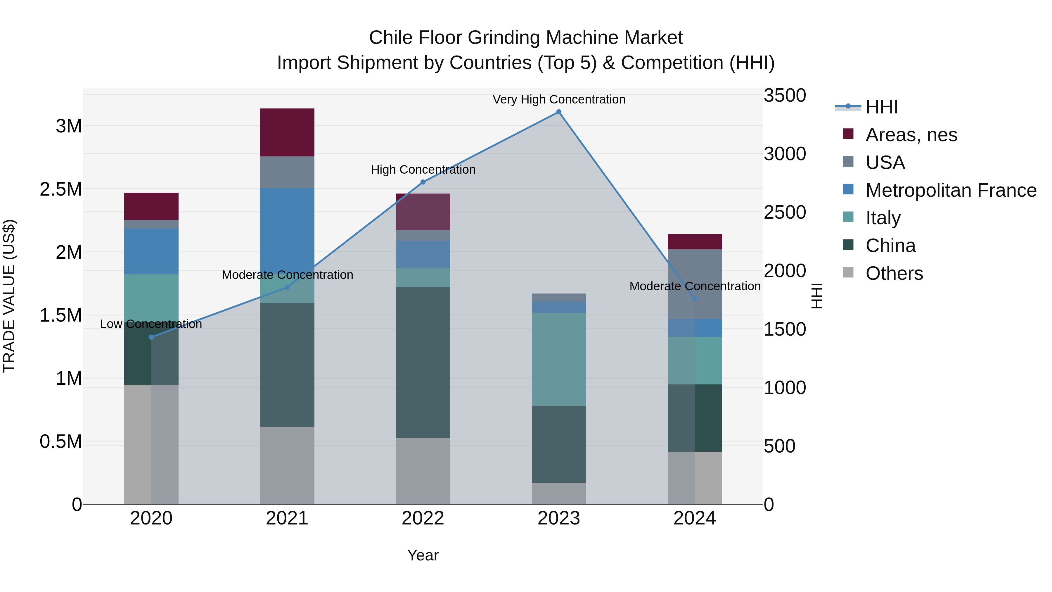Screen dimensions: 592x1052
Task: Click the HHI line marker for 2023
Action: click(559, 112)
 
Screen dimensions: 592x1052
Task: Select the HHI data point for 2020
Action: click(151, 337)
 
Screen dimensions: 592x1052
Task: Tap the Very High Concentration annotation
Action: click(559, 99)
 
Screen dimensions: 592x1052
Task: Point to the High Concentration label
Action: click(423, 170)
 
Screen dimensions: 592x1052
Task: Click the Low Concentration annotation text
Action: click(151, 324)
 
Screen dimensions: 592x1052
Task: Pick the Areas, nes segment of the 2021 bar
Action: click(287, 132)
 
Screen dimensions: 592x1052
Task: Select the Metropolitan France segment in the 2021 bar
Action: click(287, 229)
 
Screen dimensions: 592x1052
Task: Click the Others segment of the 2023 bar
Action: click(559, 493)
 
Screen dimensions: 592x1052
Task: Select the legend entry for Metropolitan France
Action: click(951, 190)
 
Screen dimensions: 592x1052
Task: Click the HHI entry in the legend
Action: click(882, 107)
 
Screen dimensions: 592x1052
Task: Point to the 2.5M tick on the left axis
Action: click(61, 189)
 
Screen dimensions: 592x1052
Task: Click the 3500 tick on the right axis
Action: click(785, 96)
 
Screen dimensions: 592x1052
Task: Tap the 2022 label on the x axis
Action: click(423, 518)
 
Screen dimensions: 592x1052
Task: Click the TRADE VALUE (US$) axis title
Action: click(9, 296)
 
